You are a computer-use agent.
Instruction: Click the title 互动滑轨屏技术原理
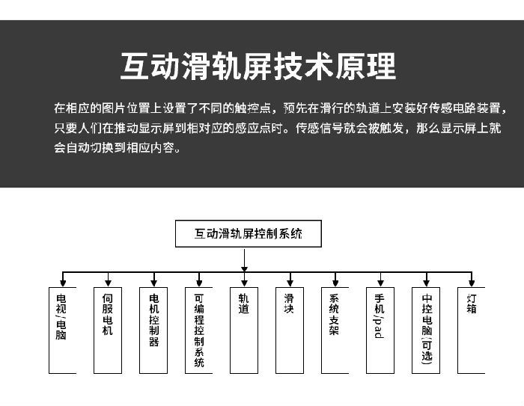pos(258,66)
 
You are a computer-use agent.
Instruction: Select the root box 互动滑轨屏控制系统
pos(249,234)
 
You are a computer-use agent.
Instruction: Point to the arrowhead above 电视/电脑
pos(62,283)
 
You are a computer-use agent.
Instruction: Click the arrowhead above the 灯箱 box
pos(472,283)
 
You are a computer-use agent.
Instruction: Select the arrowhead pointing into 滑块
pos(290,283)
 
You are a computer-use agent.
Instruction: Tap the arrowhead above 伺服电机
pos(108,283)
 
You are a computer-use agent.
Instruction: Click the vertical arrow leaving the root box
pos(244,260)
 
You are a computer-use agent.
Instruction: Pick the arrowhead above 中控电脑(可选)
pos(426,283)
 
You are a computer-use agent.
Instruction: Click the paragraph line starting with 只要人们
pos(278,128)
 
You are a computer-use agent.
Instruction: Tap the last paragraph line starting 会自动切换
pos(118,147)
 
